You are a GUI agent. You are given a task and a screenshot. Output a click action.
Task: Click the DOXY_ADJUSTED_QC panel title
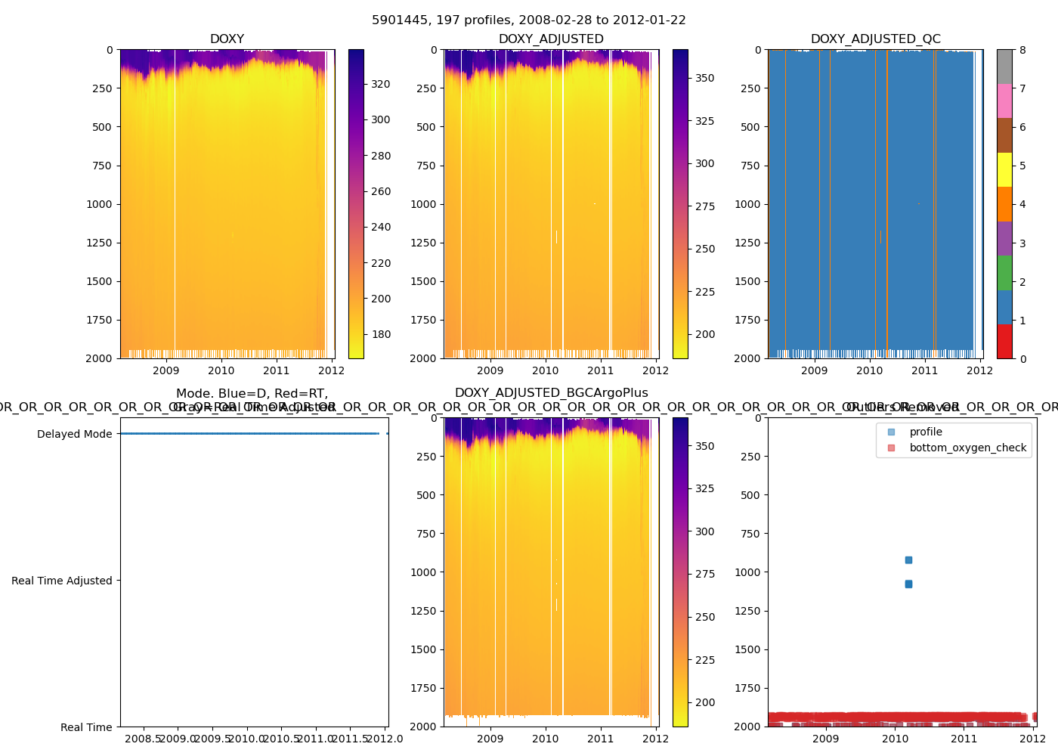[875, 39]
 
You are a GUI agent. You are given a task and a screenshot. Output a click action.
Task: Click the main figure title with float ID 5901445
[528, 20]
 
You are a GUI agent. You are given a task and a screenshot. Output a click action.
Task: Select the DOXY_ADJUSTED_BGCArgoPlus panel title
[551, 393]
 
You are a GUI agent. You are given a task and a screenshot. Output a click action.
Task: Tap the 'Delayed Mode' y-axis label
[74, 434]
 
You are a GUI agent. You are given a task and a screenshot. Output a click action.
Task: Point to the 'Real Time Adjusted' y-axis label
[61, 581]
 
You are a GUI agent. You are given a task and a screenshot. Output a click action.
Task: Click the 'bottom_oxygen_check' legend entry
[967, 448]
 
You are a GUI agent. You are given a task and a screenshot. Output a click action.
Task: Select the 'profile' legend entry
[926, 432]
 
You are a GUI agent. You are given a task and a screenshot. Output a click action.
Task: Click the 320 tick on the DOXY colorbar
[381, 84]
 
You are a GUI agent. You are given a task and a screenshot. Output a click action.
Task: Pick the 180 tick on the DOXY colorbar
[381, 334]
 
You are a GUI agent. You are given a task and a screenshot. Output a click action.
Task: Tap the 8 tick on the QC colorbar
[1022, 50]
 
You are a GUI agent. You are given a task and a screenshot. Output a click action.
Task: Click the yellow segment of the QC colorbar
[1004, 169]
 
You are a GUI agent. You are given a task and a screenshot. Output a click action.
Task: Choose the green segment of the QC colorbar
[1004, 272]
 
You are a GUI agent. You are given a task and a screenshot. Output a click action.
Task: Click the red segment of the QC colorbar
[1004, 341]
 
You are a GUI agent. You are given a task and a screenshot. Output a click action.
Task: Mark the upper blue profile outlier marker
[908, 560]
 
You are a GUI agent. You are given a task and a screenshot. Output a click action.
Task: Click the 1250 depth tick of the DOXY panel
[98, 243]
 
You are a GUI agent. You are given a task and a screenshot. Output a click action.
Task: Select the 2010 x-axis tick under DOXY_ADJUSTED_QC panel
[869, 370]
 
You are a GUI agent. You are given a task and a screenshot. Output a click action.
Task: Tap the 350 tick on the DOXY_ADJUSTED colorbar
[704, 78]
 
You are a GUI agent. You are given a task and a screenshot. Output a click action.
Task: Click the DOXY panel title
[227, 39]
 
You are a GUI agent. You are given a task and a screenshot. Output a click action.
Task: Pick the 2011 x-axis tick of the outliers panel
[964, 739]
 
